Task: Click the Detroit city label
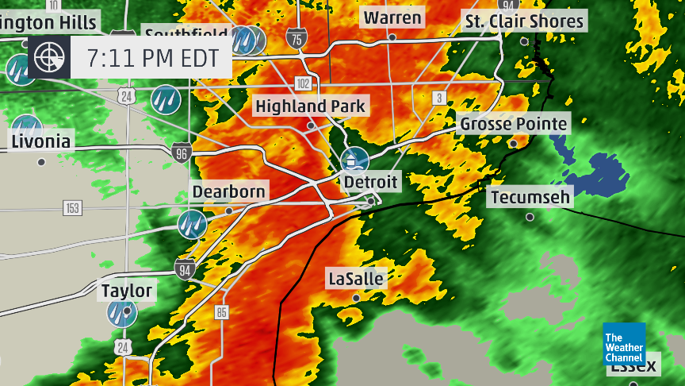click(x=370, y=182)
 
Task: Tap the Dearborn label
click(x=229, y=192)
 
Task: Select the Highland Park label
click(x=310, y=106)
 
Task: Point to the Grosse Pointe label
click(x=514, y=124)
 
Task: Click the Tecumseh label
click(x=530, y=197)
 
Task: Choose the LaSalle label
click(x=356, y=279)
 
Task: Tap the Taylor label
click(x=127, y=291)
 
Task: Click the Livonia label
click(x=41, y=143)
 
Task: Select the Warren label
click(x=392, y=17)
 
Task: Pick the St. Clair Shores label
click(x=524, y=21)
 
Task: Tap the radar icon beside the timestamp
click(x=49, y=57)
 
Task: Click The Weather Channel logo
click(x=624, y=345)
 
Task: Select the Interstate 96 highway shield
click(x=181, y=152)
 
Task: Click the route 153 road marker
click(x=73, y=208)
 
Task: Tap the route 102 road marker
click(x=303, y=83)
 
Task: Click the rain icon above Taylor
click(x=123, y=312)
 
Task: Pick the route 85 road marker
click(x=221, y=311)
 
